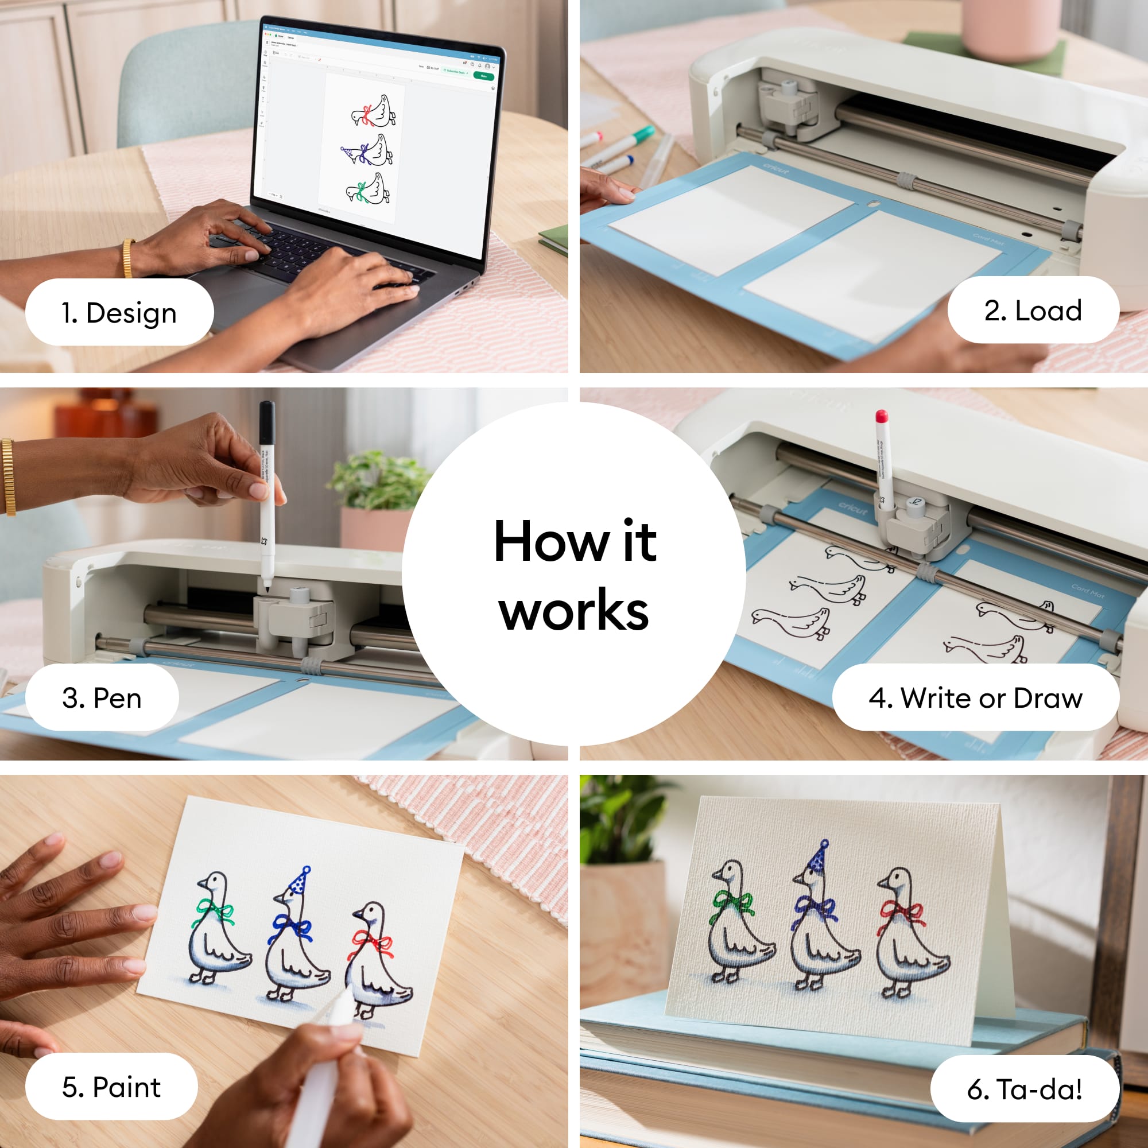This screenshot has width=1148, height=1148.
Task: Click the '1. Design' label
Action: (x=119, y=313)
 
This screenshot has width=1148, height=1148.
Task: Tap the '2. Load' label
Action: (x=1033, y=310)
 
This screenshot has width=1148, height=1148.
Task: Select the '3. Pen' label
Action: (x=102, y=697)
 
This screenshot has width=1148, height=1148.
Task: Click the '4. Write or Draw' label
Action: (x=975, y=697)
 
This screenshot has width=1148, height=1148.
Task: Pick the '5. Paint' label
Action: (x=111, y=1087)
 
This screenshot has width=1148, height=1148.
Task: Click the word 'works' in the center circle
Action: (x=573, y=611)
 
